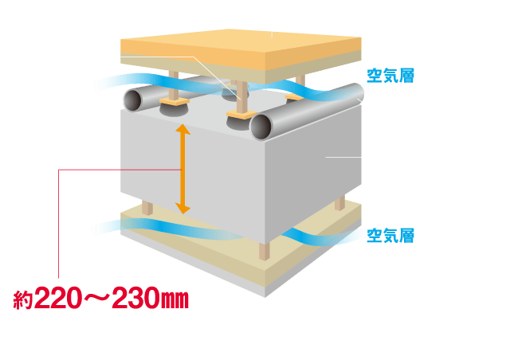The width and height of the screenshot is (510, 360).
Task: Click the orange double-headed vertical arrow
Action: [x=183, y=169]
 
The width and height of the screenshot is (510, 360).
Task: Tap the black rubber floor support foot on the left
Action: [x=169, y=110]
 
